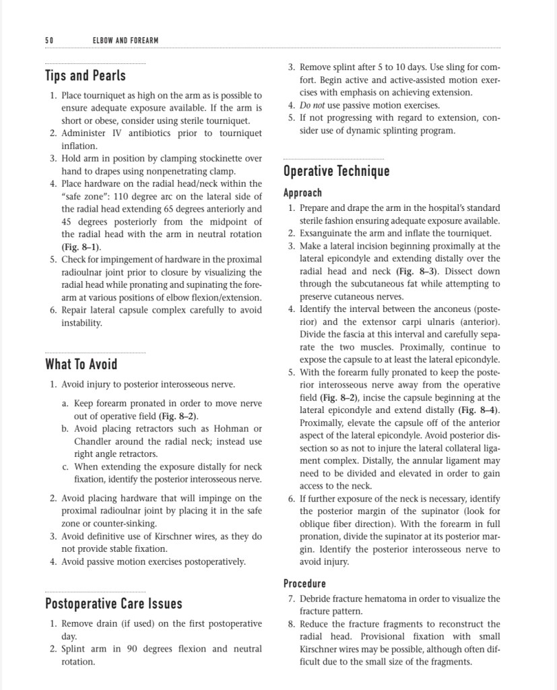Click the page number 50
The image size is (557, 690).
(48, 41)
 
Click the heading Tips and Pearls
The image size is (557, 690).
(85, 75)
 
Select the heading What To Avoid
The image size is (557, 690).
(81, 365)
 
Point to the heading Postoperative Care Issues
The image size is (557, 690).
(113, 602)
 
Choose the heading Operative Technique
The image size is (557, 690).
(336, 170)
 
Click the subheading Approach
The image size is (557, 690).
(302, 193)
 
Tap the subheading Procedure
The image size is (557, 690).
(304, 584)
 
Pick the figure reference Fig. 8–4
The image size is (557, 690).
(479, 410)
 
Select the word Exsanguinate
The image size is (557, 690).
(327, 234)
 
